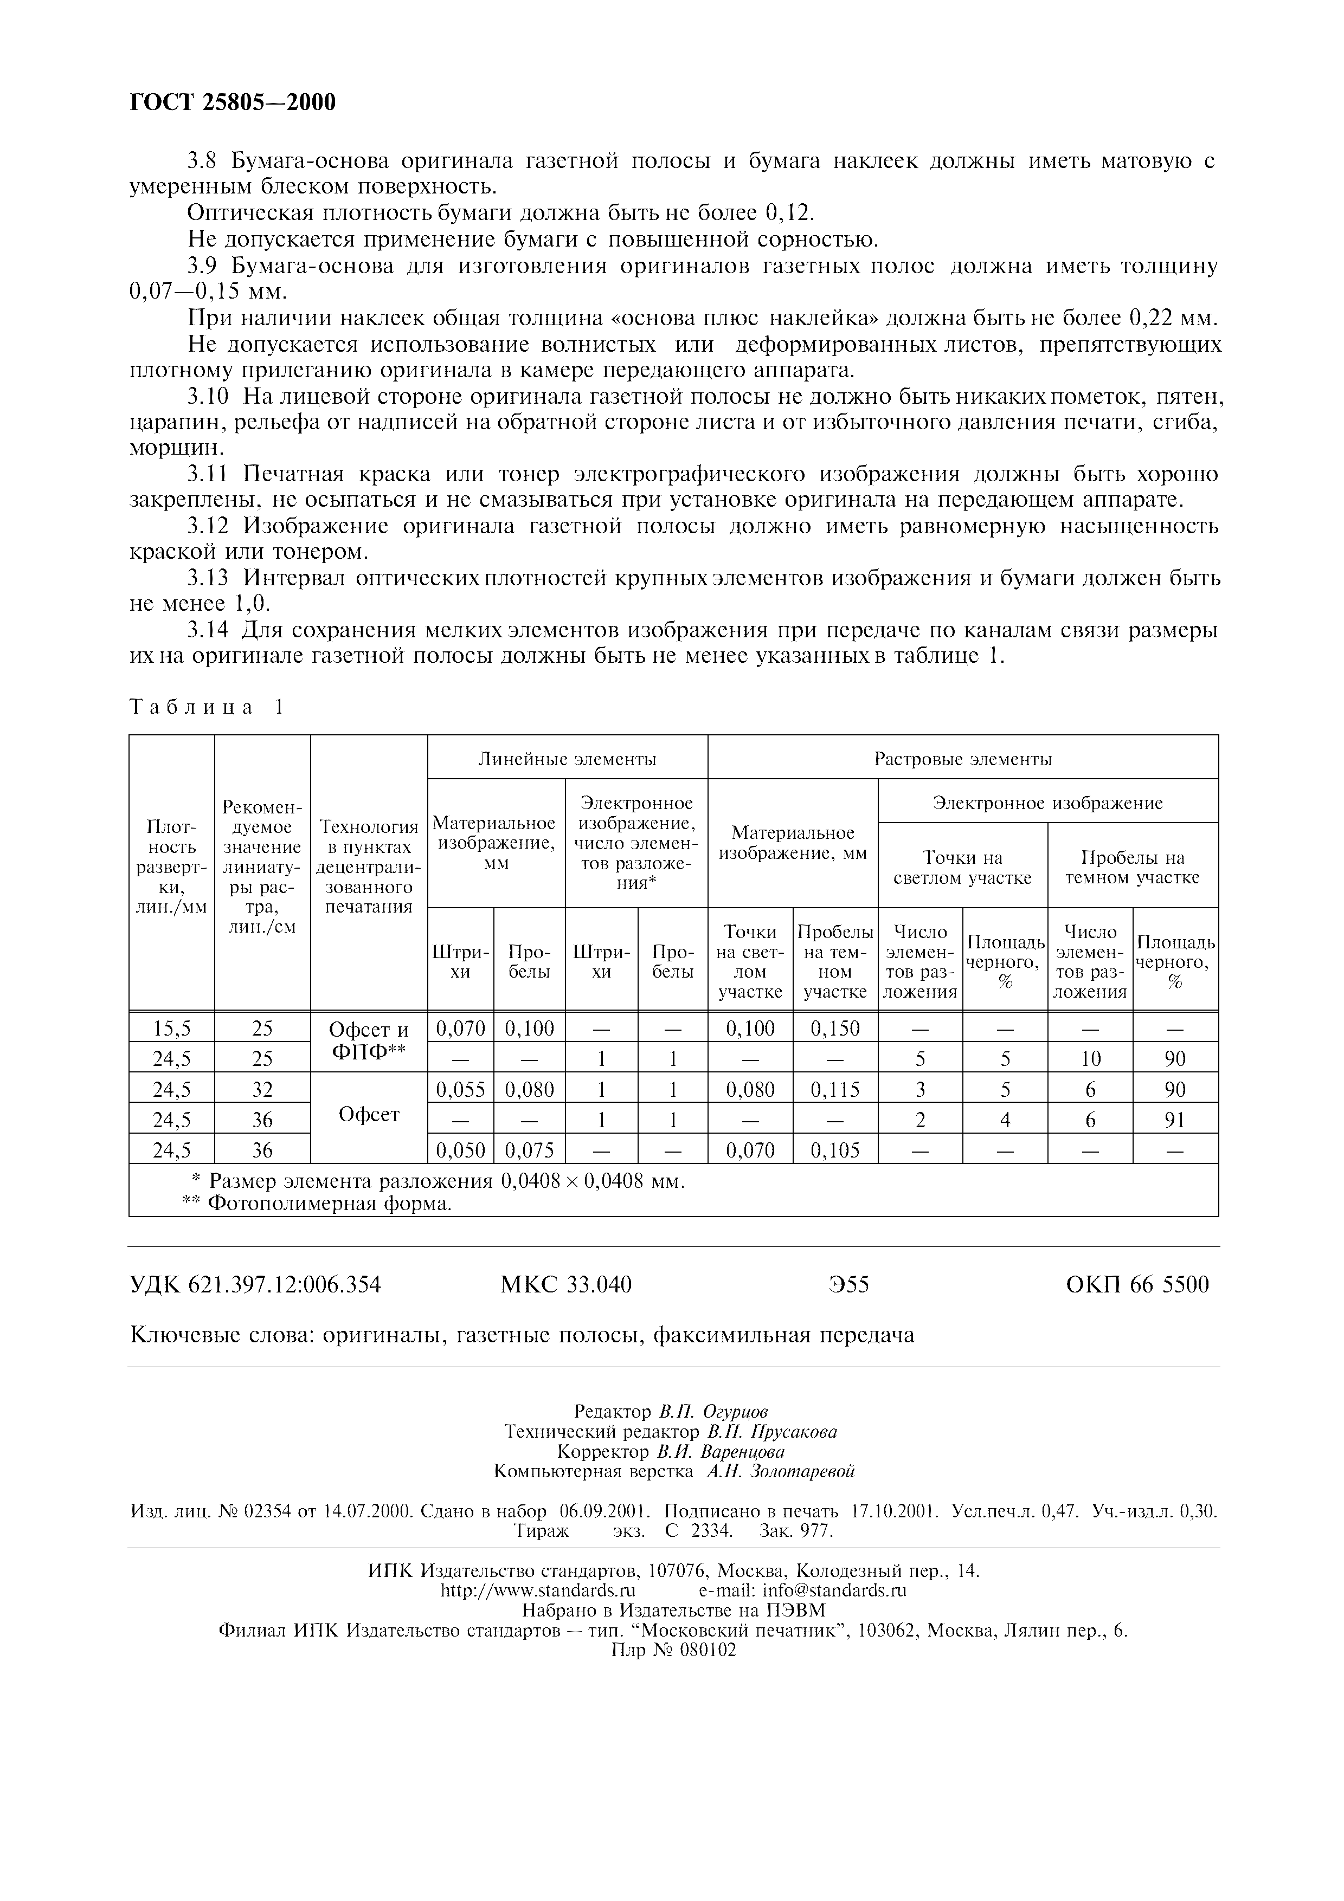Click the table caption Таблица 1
coord(207,707)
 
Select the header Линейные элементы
coord(567,759)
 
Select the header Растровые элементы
coord(962,759)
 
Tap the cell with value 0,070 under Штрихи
coord(460,1029)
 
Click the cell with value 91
coord(1174,1120)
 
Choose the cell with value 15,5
coord(171,1029)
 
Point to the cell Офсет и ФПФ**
coord(369,1043)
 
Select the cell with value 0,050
coord(460,1150)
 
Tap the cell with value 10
coord(1090,1059)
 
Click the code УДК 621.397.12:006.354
coord(256,1284)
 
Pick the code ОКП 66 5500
coord(1137,1284)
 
